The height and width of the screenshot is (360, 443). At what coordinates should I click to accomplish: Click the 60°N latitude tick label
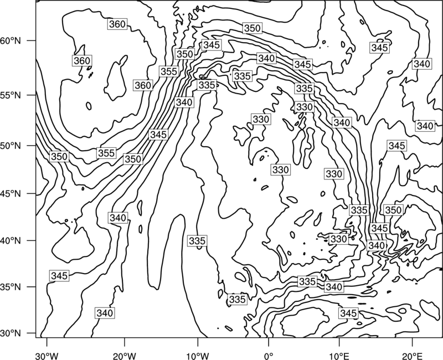pyautogui.click(x=11, y=41)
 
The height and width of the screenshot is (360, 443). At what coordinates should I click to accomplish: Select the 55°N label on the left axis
pyautogui.click(x=11, y=95)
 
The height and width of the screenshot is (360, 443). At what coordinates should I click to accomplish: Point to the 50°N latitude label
pyautogui.click(x=11, y=146)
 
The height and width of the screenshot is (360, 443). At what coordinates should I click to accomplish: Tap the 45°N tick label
pyautogui.click(x=11, y=193)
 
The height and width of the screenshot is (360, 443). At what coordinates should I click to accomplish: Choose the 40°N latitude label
pyautogui.click(x=11, y=241)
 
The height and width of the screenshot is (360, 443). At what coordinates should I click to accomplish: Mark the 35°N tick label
pyautogui.click(x=11, y=287)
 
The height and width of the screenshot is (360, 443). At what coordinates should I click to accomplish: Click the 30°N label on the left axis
pyautogui.click(x=11, y=333)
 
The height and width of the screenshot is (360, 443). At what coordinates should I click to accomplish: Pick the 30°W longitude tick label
pyautogui.click(x=47, y=356)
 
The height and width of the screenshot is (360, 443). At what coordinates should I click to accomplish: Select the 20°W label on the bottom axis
pyautogui.click(x=124, y=356)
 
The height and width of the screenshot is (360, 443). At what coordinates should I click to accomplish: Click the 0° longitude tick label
pyautogui.click(x=269, y=356)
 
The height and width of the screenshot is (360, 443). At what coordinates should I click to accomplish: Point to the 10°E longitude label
pyautogui.click(x=339, y=356)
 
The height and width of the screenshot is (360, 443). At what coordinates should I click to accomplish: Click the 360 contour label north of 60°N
pyautogui.click(x=117, y=24)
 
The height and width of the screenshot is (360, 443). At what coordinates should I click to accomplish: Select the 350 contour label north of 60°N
pyautogui.click(x=252, y=28)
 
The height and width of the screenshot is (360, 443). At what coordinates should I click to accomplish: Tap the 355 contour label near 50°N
pyautogui.click(x=106, y=153)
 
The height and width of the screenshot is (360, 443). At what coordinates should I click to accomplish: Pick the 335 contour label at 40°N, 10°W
pyautogui.click(x=197, y=241)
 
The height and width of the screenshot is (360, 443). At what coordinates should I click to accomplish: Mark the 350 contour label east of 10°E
pyautogui.click(x=393, y=210)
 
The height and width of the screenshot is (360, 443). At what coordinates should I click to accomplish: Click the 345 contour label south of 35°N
pyautogui.click(x=348, y=313)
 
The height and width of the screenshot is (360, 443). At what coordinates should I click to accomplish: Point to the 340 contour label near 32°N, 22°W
pyautogui.click(x=105, y=313)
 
